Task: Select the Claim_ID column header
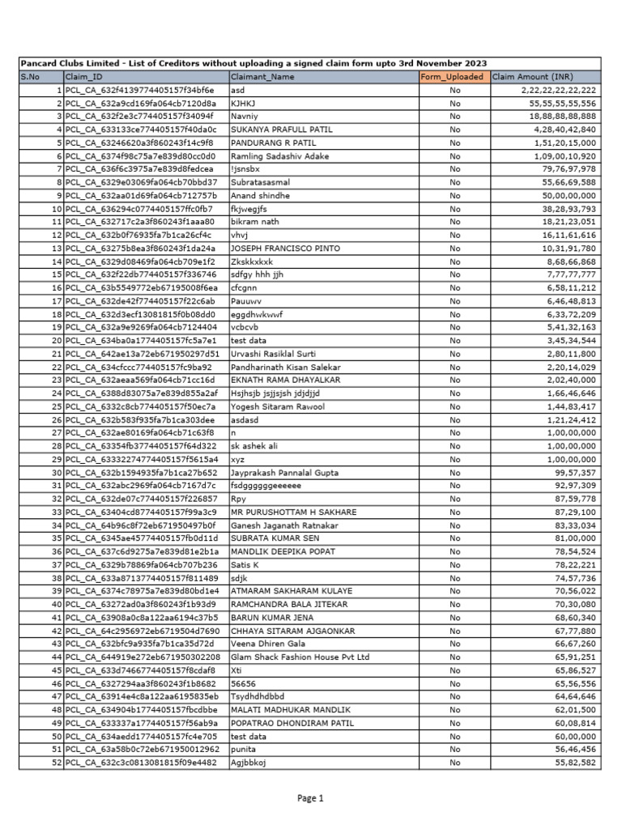pos(84,77)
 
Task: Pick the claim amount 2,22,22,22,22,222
pos(559,90)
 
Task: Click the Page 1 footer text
pos(310,798)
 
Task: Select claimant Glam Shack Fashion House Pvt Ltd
pos(300,657)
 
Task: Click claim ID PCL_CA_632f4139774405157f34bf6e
pos(139,90)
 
